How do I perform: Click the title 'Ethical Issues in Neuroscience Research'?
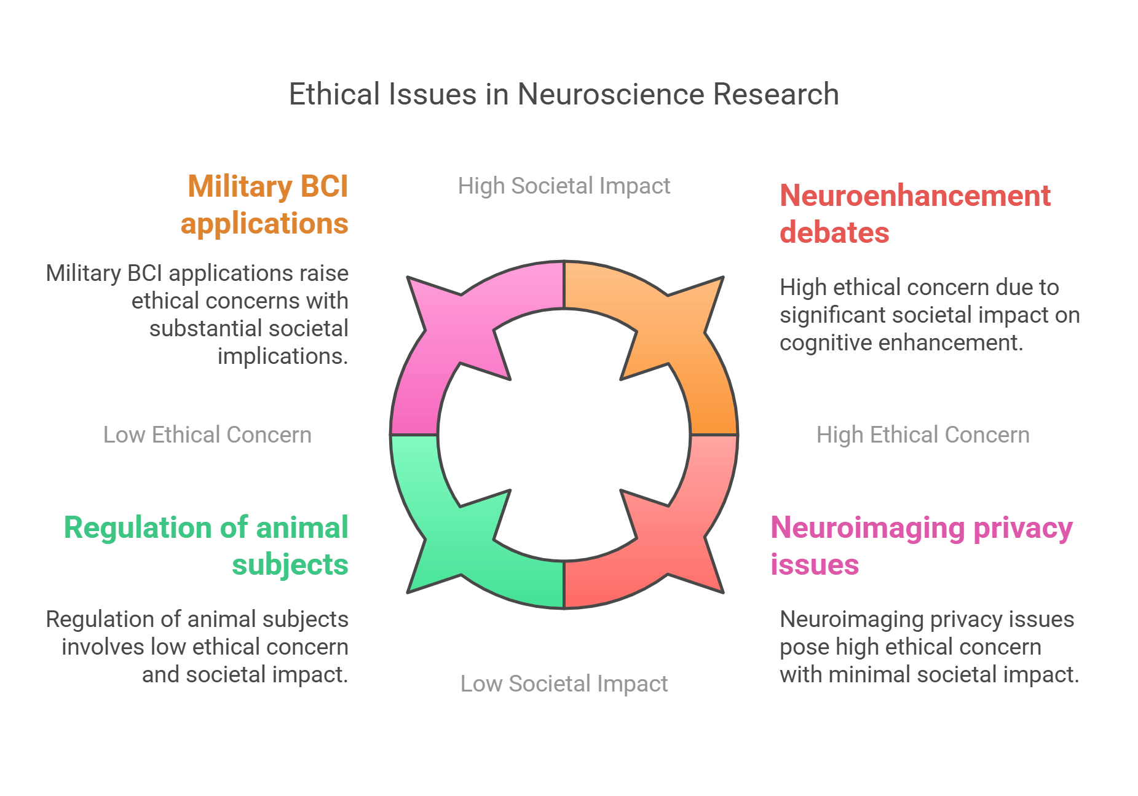coord(564,95)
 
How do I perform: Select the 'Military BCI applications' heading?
coord(265,205)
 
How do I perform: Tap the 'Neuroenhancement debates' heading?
coord(914,214)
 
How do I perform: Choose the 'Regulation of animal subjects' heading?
coord(207,546)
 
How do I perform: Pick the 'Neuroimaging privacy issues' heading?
coord(921,546)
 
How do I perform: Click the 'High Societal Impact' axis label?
coord(564,186)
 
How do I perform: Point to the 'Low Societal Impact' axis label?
coord(564,684)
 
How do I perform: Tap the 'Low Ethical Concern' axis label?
coord(207,435)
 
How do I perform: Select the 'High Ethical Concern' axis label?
coord(922,435)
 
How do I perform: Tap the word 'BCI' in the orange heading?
coord(324,186)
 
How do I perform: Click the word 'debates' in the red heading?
coord(834,232)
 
